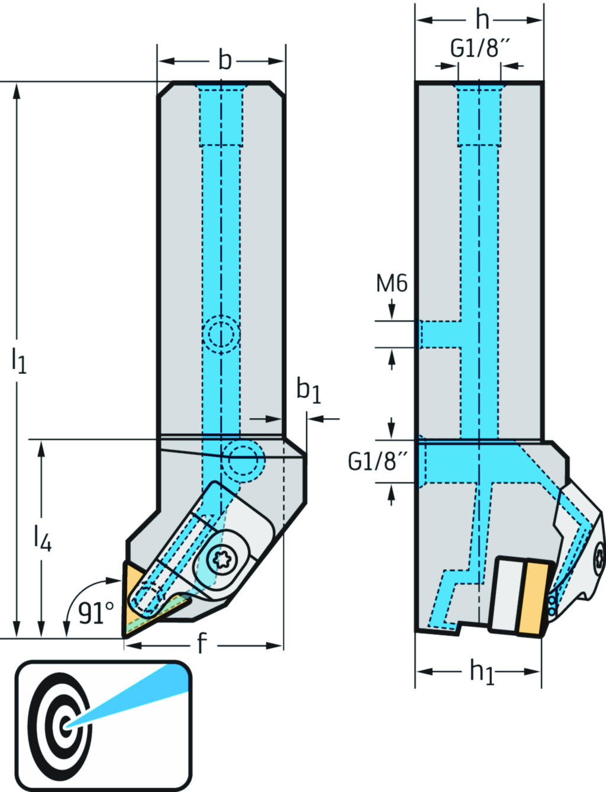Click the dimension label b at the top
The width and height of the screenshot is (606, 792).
click(225, 60)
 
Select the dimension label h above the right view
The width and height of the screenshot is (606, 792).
click(482, 20)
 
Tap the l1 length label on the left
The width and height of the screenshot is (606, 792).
click(19, 360)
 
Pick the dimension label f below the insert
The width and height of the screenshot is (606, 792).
click(202, 643)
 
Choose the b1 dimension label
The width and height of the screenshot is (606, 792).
click(308, 390)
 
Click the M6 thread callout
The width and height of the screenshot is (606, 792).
click(392, 284)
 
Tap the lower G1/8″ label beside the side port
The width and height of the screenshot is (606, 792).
click(378, 461)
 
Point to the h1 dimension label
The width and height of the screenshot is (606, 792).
click(482, 672)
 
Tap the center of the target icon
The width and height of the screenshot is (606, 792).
click(66, 724)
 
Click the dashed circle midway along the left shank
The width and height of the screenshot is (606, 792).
click(221, 334)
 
